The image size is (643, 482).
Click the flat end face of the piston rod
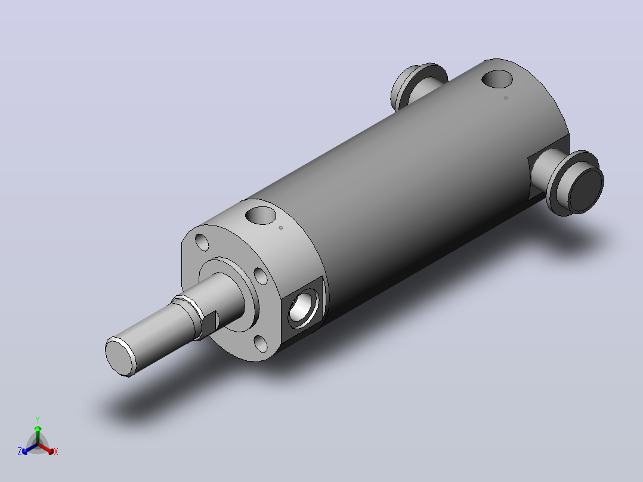[x=120, y=357]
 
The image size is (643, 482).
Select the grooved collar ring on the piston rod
[x=188, y=315]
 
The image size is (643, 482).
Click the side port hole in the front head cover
[x=304, y=307]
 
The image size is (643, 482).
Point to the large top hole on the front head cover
[x=261, y=215]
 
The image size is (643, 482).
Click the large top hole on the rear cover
[x=497, y=79]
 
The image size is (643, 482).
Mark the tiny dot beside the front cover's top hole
[x=281, y=228]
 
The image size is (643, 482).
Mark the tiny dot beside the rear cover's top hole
[x=506, y=98]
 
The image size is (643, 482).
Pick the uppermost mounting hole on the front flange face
[x=202, y=242]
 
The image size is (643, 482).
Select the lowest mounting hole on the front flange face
[x=261, y=344]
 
